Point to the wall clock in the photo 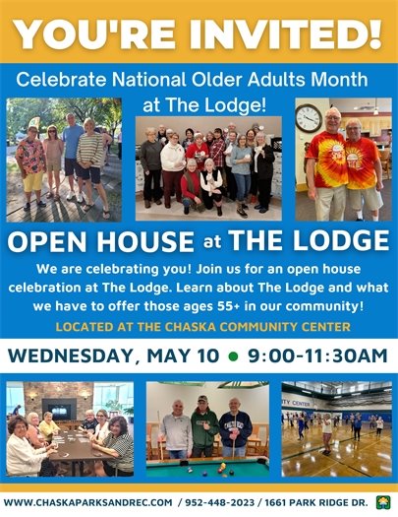(x=309, y=118)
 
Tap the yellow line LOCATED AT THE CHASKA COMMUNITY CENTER (x=199, y=325)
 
